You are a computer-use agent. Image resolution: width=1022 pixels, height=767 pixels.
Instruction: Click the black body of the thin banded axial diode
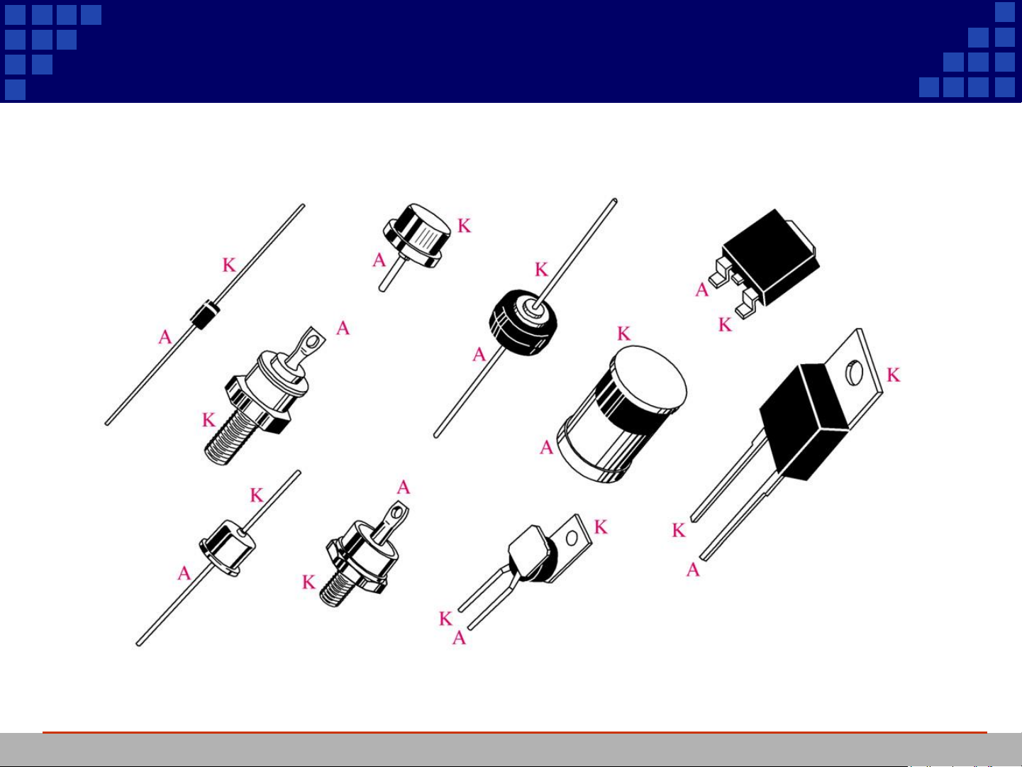pos(206,315)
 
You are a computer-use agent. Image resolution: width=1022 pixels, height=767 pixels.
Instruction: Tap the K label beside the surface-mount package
pos(725,324)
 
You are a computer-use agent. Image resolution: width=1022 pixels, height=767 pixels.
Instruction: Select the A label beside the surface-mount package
pos(701,290)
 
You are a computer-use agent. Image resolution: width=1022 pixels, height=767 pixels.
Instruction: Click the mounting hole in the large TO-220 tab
pos(854,373)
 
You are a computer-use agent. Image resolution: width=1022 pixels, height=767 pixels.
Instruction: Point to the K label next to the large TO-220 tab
pos(893,375)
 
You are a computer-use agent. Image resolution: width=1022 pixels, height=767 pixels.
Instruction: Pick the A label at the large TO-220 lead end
pos(693,570)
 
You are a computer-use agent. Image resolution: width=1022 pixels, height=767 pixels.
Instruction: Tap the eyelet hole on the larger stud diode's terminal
pos(313,342)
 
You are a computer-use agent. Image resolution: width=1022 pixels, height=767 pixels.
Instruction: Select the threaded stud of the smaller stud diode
pos(336,590)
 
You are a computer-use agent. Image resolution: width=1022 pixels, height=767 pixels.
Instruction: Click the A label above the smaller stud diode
pos(404,487)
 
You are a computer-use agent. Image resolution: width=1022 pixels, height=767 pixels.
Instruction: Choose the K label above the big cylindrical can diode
pos(624,333)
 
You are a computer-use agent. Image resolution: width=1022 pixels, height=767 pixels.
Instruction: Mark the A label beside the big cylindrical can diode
pos(546,448)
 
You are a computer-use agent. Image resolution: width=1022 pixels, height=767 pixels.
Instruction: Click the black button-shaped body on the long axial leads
pos(523,322)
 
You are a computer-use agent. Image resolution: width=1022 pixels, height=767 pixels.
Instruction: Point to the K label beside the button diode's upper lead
pos(541,269)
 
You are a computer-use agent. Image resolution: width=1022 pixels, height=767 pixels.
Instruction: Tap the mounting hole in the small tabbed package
pos(572,539)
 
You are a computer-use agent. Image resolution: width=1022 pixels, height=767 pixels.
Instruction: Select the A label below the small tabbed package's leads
pos(459,638)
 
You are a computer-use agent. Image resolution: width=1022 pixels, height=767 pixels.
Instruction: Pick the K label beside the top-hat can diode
pos(465,226)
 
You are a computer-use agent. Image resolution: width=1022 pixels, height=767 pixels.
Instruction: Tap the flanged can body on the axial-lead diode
pos(227,548)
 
